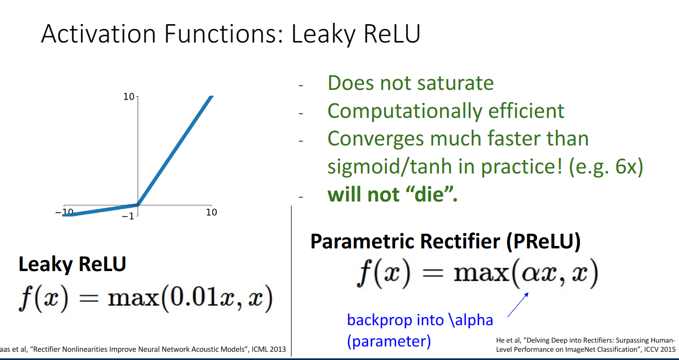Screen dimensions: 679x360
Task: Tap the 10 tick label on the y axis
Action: [128, 97]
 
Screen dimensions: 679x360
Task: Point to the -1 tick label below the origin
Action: [128, 216]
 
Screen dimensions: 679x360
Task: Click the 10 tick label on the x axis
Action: [212, 212]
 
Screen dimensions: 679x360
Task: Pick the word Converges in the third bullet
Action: [376, 139]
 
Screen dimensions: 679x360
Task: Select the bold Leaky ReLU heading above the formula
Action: [72, 264]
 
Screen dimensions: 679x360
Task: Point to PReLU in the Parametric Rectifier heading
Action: [543, 242]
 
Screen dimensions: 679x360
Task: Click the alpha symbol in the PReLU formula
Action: [531, 274]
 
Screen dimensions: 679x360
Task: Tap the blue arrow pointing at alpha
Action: [518, 305]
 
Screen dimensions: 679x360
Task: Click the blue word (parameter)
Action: [389, 342]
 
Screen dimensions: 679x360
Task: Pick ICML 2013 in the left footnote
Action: [269, 349]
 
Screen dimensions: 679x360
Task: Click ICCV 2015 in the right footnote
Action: [660, 349]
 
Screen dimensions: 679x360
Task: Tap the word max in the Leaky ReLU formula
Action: [134, 299]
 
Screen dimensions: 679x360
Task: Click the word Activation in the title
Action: [99, 34]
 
